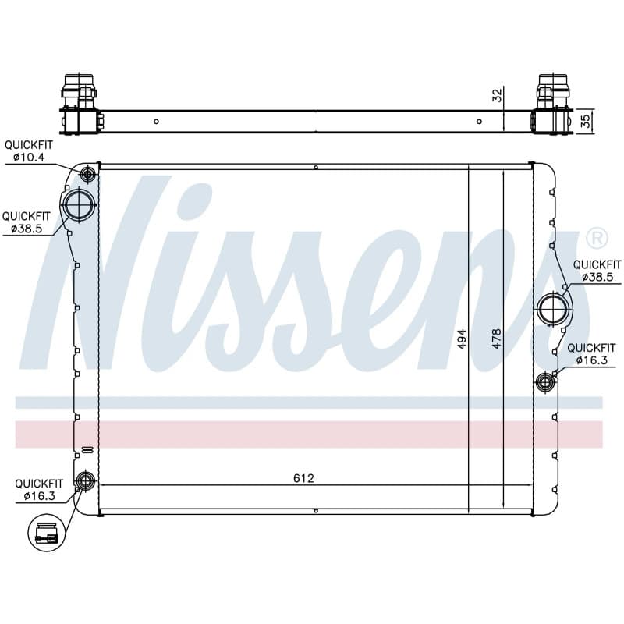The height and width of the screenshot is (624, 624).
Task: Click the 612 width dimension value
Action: coord(303,478)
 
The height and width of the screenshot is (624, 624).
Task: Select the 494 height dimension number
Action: coord(461,339)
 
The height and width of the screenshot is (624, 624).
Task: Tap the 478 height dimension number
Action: coord(497,339)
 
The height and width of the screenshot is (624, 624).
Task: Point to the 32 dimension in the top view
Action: coord(498,95)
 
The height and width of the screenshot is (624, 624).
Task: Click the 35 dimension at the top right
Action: coord(586,121)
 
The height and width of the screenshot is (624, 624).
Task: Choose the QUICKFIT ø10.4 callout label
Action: coord(29,151)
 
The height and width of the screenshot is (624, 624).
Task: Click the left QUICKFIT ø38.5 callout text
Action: coord(27,222)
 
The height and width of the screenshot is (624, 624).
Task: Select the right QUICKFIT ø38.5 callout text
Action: coord(597,271)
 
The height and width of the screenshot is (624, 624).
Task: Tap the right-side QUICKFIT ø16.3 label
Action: coord(591,354)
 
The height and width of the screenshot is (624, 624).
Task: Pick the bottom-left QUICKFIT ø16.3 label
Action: coord(39,490)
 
